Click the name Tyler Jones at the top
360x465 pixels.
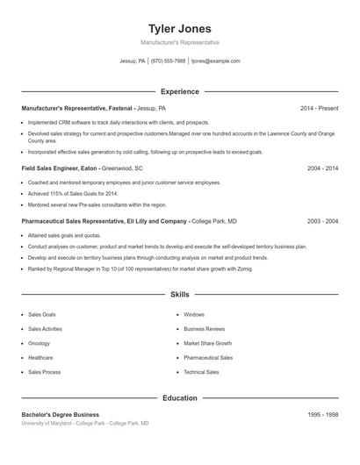coord(180,29)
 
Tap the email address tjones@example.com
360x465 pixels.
coord(215,61)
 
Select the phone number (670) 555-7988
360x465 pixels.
coord(169,61)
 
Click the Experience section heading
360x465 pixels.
coord(180,91)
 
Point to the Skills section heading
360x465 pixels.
coord(180,295)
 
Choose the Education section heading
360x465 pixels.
coord(180,398)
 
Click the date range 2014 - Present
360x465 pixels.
coord(319,108)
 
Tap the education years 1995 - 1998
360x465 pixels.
coord(323,414)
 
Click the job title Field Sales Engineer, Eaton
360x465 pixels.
coord(59,168)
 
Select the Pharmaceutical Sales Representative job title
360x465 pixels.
coord(104,222)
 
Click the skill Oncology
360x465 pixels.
coord(40,343)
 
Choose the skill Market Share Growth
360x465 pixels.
coord(207,343)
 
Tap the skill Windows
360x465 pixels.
coord(194,314)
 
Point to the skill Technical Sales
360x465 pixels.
coord(201,372)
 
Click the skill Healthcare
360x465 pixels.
coord(40,358)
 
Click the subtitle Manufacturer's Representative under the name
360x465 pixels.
coord(180,42)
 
